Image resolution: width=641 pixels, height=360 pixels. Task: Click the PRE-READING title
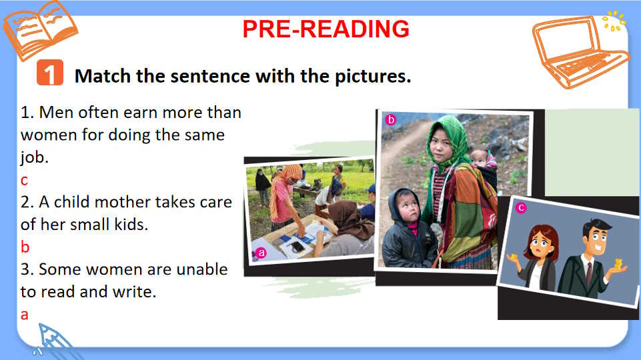pyautogui.click(x=326, y=29)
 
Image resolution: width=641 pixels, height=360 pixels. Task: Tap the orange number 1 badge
pyautogui.click(x=50, y=73)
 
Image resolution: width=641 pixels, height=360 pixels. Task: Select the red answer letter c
pyautogui.click(x=25, y=180)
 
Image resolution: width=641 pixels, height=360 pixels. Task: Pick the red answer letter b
pyautogui.click(x=25, y=247)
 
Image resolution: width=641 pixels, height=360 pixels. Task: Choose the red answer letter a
pyautogui.click(x=25, y=315)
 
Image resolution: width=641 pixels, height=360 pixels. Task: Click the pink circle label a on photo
pyautogui.click(x=261, y=253)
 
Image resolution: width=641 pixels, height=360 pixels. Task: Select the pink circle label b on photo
pyautogui.click(x=391, y=120)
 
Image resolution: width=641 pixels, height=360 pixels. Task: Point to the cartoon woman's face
pyautogui.click(x=543, y=242)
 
